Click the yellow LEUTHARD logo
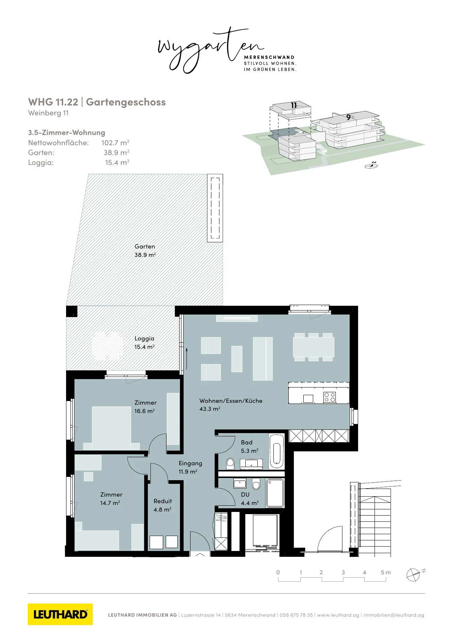point(60,614)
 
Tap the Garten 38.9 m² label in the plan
point(145,251)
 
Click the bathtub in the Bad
point(277,451)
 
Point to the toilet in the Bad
point(230,464)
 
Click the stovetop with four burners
point(330,397)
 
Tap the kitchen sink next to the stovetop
point(308,398)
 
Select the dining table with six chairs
point(314,347)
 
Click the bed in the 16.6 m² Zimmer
point(111,428)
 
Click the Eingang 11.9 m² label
point(190,467)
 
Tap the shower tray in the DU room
point(275,493)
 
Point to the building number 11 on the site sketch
point(294,105)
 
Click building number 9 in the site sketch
point(349,117)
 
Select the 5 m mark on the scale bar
point(385,572)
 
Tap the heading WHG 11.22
point(53,102)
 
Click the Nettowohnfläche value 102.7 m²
point(115,143)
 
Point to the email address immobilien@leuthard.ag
point(394,615)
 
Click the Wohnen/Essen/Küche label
point(231,401)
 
